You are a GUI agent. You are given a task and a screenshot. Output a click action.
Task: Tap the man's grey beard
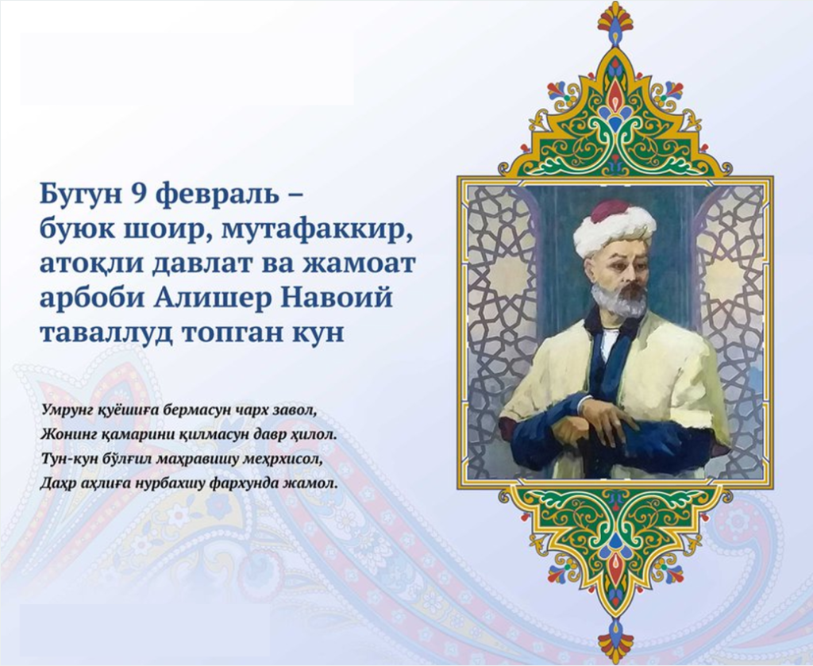coord(618,298)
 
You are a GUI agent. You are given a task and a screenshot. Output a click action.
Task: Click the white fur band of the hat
coord(614,231)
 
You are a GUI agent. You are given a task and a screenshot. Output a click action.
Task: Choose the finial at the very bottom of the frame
coord(615,643)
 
